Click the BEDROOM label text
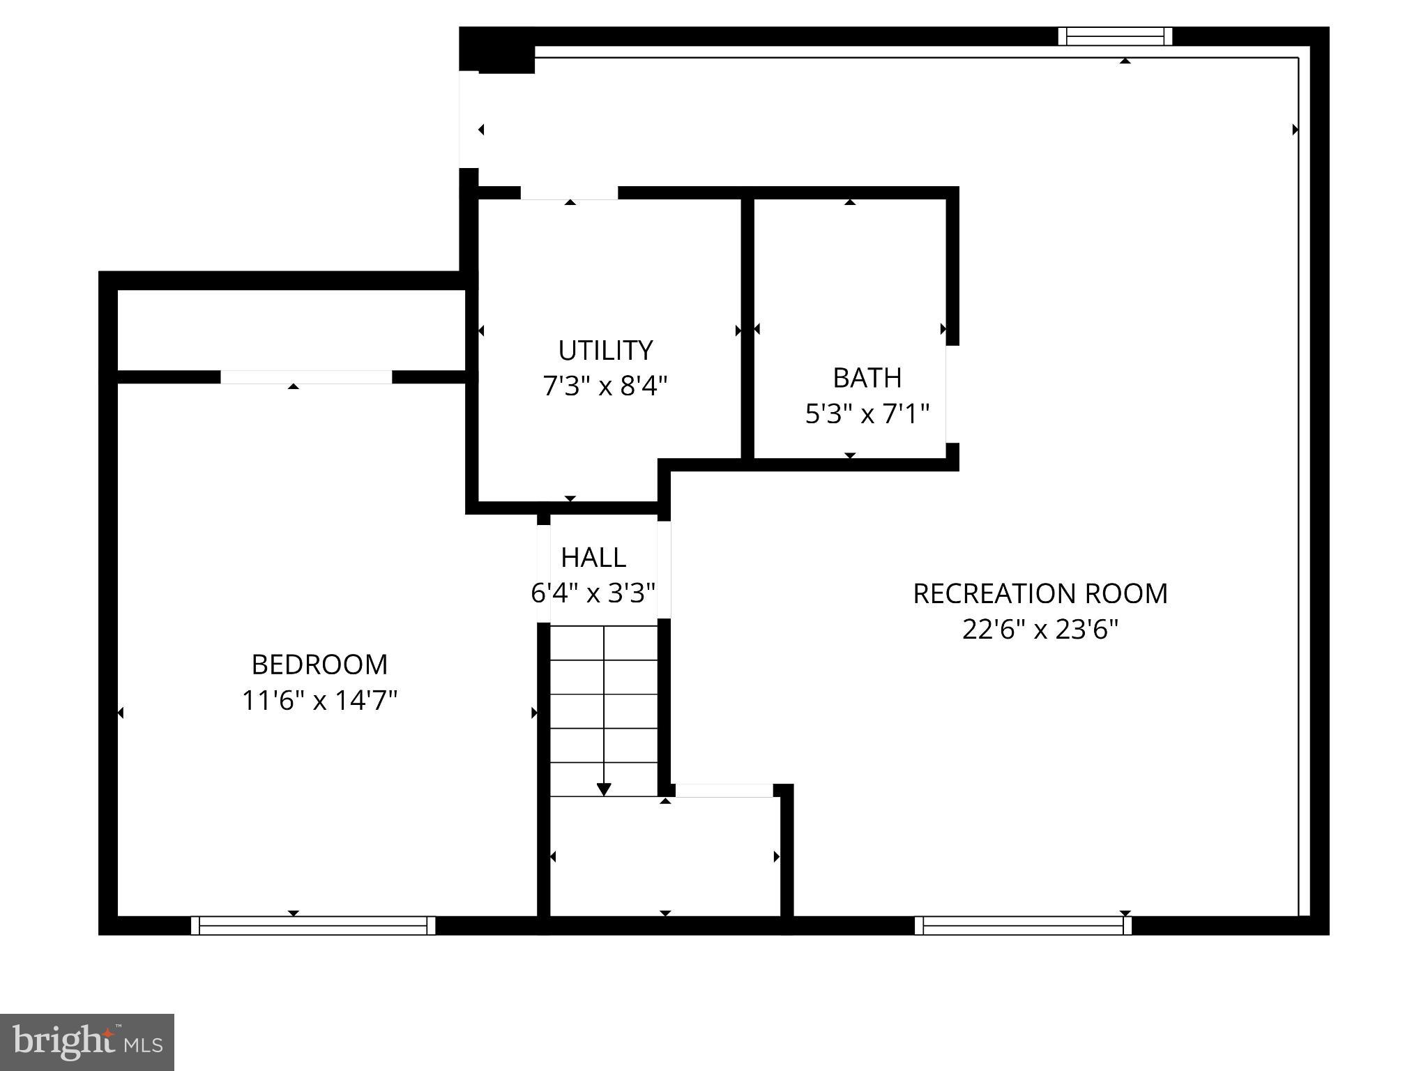coord(319,664)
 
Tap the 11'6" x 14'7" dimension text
coord(319,700)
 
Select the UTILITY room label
coord(605,350)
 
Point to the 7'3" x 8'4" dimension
coord(605,386)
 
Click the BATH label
coord(867,378)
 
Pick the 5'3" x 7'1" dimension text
coord(867,414)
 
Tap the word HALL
coord(593,557)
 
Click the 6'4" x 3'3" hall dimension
coord(593,593)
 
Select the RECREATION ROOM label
coord(1040,594)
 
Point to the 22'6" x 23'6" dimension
coord(1040,630)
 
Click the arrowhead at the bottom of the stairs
coord(604,789)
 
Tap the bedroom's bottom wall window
coord(313,925)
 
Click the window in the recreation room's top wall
coord(1115,36)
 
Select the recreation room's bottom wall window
coord(1023,925)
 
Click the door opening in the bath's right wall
coord(952,394)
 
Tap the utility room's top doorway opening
coord(569,193)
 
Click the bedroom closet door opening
coord(306,377)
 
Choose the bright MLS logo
coord(87,1042)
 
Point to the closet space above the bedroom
coord(291,330)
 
